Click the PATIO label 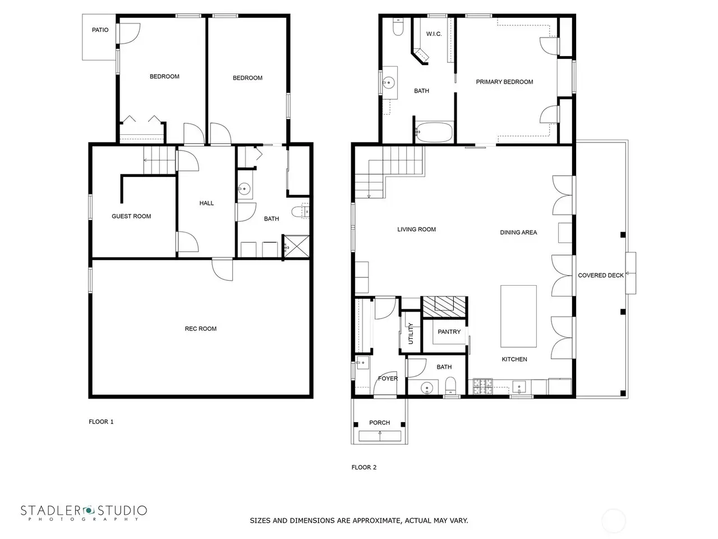tap(100, 30)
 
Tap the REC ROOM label tap(200, 328)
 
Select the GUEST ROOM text tap(131, 216)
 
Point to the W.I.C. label tap(434, 34)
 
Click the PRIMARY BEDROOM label tap(504, 82)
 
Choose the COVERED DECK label tap(601, 276)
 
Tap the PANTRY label tap(449, 332)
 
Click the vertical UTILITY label tap(411, 334)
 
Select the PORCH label tap(379, 423)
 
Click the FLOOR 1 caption tap(101, 422)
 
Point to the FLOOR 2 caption tap(363, 467)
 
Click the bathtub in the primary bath tap(434, 132)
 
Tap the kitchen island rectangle tap(518, 316)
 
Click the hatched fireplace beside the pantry tap(444, 307)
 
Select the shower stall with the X tap(296, 246)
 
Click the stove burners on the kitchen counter tap(483, 386)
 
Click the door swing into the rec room tap(223, 269)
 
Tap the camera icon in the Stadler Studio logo tap(88, 510)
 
